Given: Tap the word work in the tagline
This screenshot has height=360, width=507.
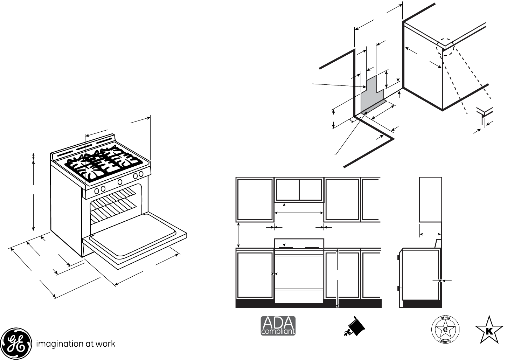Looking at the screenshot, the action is (x=106, y=344).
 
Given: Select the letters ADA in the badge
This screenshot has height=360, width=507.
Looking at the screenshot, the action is (x=278, y=323).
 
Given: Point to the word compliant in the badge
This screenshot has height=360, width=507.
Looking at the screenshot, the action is (x=278, y=331).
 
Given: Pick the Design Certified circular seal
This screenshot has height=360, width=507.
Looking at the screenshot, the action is (x=445, y=329).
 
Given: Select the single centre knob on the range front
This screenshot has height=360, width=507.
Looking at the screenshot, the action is (x=120, y=182).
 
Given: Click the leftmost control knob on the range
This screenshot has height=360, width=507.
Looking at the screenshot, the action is (x=97, y=190).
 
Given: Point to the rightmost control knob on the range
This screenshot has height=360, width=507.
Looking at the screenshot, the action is (x=141, y=174).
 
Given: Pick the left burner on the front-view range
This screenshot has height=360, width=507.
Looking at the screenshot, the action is (x=286, y=248).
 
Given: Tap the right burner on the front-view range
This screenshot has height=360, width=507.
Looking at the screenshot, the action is (x=312, y=248).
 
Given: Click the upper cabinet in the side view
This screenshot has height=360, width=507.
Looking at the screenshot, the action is (x=430, y=199).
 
